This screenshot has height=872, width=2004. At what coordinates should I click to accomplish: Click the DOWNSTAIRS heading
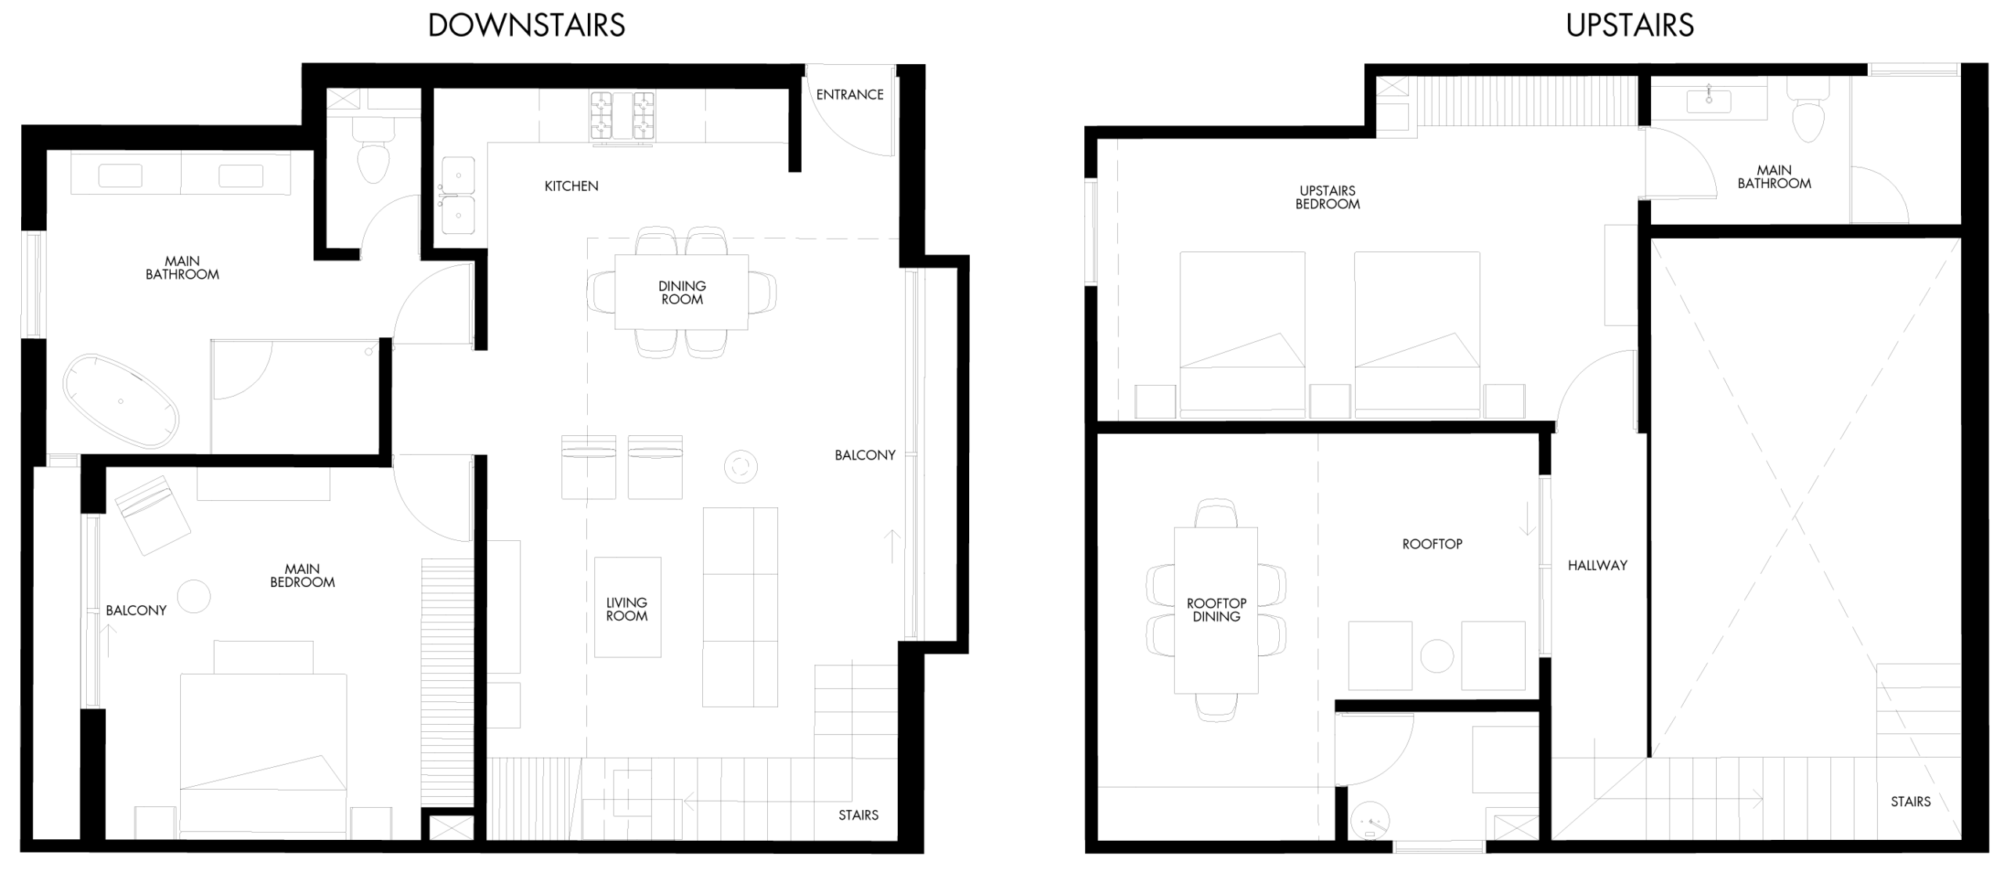pyautogui.click(x=526, y=26)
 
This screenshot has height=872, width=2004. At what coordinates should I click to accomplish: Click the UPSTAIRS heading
pyautogui.click(x=1630, y=26)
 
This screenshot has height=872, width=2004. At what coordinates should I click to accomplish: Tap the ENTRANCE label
pyautogui.click(x=849, y=95)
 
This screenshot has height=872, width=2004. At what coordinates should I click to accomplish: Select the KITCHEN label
pyautogui.click(x=571, y=186)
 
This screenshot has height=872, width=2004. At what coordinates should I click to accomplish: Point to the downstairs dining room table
pyautogui.click(x=681, y=292)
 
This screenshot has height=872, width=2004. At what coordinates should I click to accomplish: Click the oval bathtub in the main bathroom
pyautogui.click(x=121, y=402)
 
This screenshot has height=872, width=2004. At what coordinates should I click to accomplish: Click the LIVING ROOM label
pyautogui.click(x=626, y=609)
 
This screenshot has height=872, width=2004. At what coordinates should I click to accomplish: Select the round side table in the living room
pyautogui.click(x=741, y=467)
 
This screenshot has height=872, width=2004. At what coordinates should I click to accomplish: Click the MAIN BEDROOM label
pyautogui.click(x=302, y=575)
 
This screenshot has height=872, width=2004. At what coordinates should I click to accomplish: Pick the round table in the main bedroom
pyautogui.click(x=194, y=596)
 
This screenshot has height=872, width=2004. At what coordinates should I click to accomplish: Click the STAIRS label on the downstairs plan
pyautogui.click(x=858, y=815)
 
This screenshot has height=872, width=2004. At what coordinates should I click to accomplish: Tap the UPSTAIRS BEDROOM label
pyautogui.click(x=1328, y=197)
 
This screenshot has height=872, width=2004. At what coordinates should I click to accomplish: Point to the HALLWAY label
pyautogui.click(x=1598, y=565)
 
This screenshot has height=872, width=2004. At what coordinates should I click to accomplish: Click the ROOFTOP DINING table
pyautogui.click(x=1216, y=610)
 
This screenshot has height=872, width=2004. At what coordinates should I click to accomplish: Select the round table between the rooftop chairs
pyautogui.click(x=1436, y=656)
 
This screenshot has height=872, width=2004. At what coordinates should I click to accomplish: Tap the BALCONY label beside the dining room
pyautogui.click(x=865, y=455)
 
